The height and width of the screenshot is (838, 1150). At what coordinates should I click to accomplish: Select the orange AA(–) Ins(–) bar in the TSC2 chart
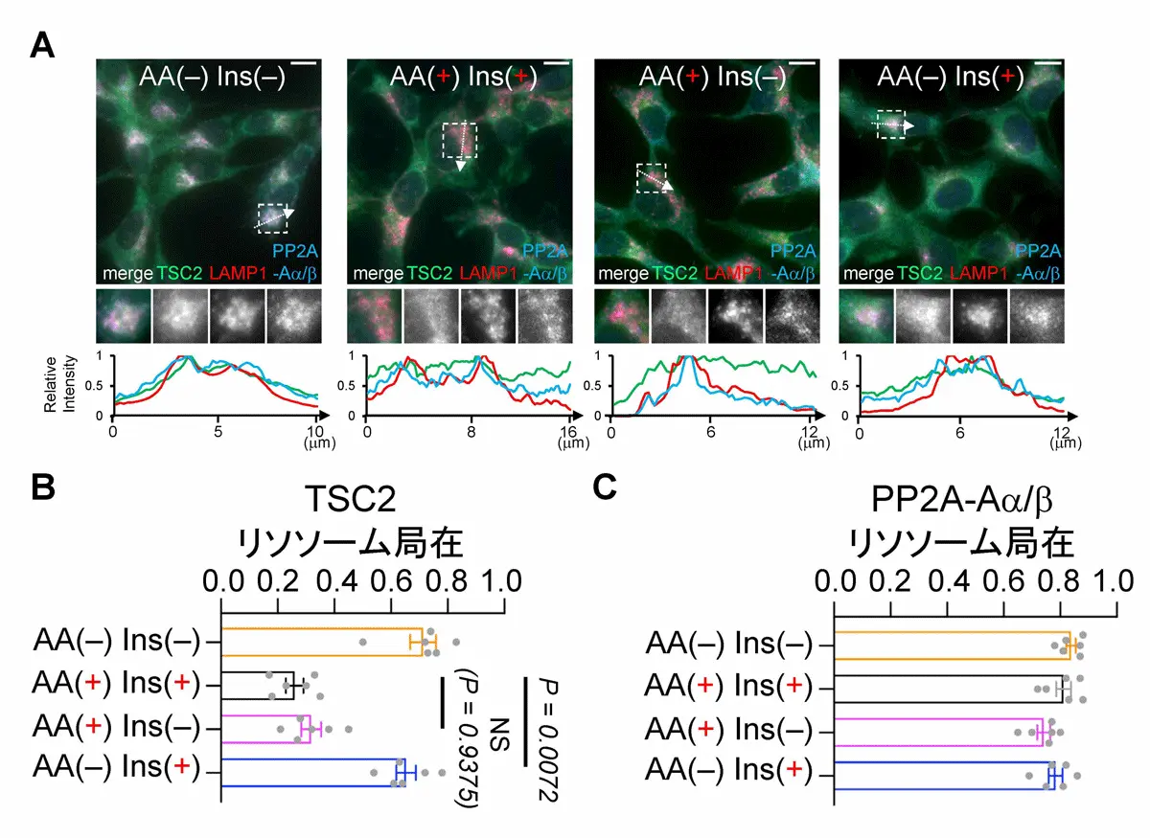[x=322, y=643]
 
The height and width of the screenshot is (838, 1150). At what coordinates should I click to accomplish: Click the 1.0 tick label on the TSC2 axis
[x=500, y=581]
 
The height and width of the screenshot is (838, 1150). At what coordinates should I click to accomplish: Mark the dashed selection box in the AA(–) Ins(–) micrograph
[x=273, y=217]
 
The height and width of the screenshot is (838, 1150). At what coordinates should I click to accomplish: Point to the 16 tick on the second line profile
[x=569, y=430]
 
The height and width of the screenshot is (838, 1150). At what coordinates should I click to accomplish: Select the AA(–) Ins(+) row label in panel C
[x=728, y=772]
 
